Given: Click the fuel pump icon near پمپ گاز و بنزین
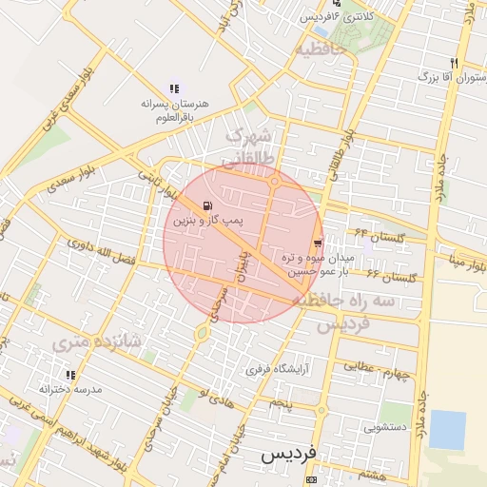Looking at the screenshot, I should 208,205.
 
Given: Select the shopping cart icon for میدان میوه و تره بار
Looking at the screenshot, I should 317,243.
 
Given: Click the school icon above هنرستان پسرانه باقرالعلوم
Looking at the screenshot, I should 173,88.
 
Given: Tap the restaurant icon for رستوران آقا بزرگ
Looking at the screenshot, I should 454,63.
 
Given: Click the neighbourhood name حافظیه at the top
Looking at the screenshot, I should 320,48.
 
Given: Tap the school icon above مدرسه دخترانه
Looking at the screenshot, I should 69,375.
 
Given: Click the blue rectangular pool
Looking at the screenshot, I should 447,430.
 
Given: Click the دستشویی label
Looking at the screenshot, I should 384,427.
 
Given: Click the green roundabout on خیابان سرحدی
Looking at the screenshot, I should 202,332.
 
